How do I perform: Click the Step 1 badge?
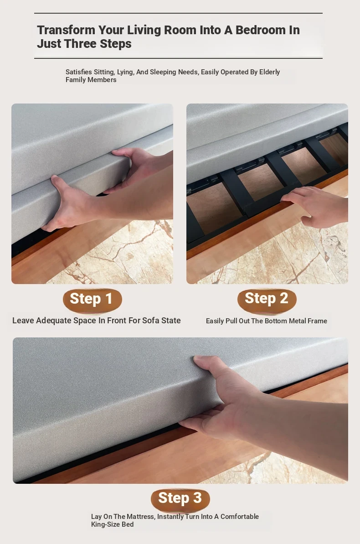click(92, 300)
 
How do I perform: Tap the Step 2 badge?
click(267, 300)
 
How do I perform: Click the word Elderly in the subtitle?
click(269, 72)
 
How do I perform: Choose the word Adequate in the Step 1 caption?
click(52, 321)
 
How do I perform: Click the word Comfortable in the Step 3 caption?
click(240, 517)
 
